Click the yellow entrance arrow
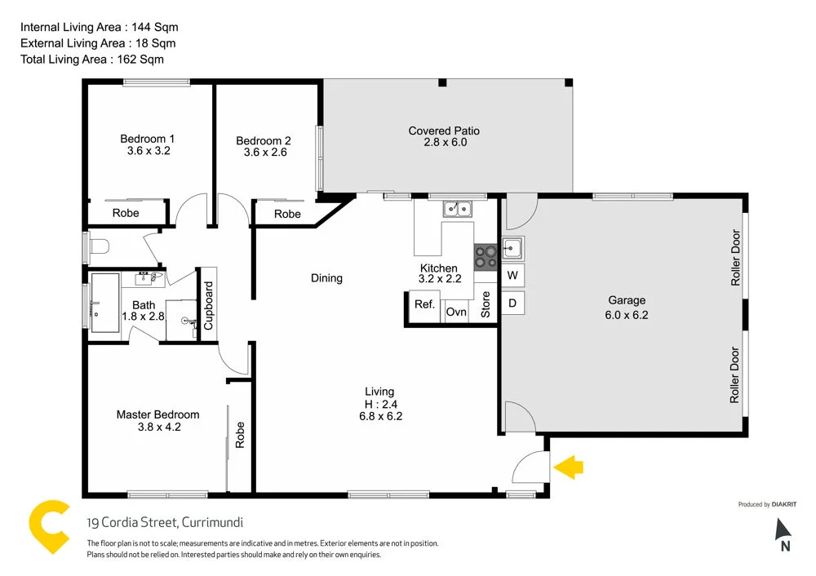pos(570,467)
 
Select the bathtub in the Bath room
pos(104,304)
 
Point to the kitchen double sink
pos(458,209)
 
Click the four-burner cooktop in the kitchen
pos(486,257)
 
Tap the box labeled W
pos(512,275)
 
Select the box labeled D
pos(512,304)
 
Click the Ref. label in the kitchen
pos(424,304)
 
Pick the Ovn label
pos(456,312)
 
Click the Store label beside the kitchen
pos(486,304)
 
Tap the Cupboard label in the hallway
pos(208,305)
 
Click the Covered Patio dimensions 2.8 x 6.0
pos(444,142)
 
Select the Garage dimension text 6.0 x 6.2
pos(626,315)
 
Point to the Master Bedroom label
pos(157,414)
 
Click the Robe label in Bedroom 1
pos(126,213)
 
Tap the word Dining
pos(326,278)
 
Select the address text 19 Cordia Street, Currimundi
pos(165,523)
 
